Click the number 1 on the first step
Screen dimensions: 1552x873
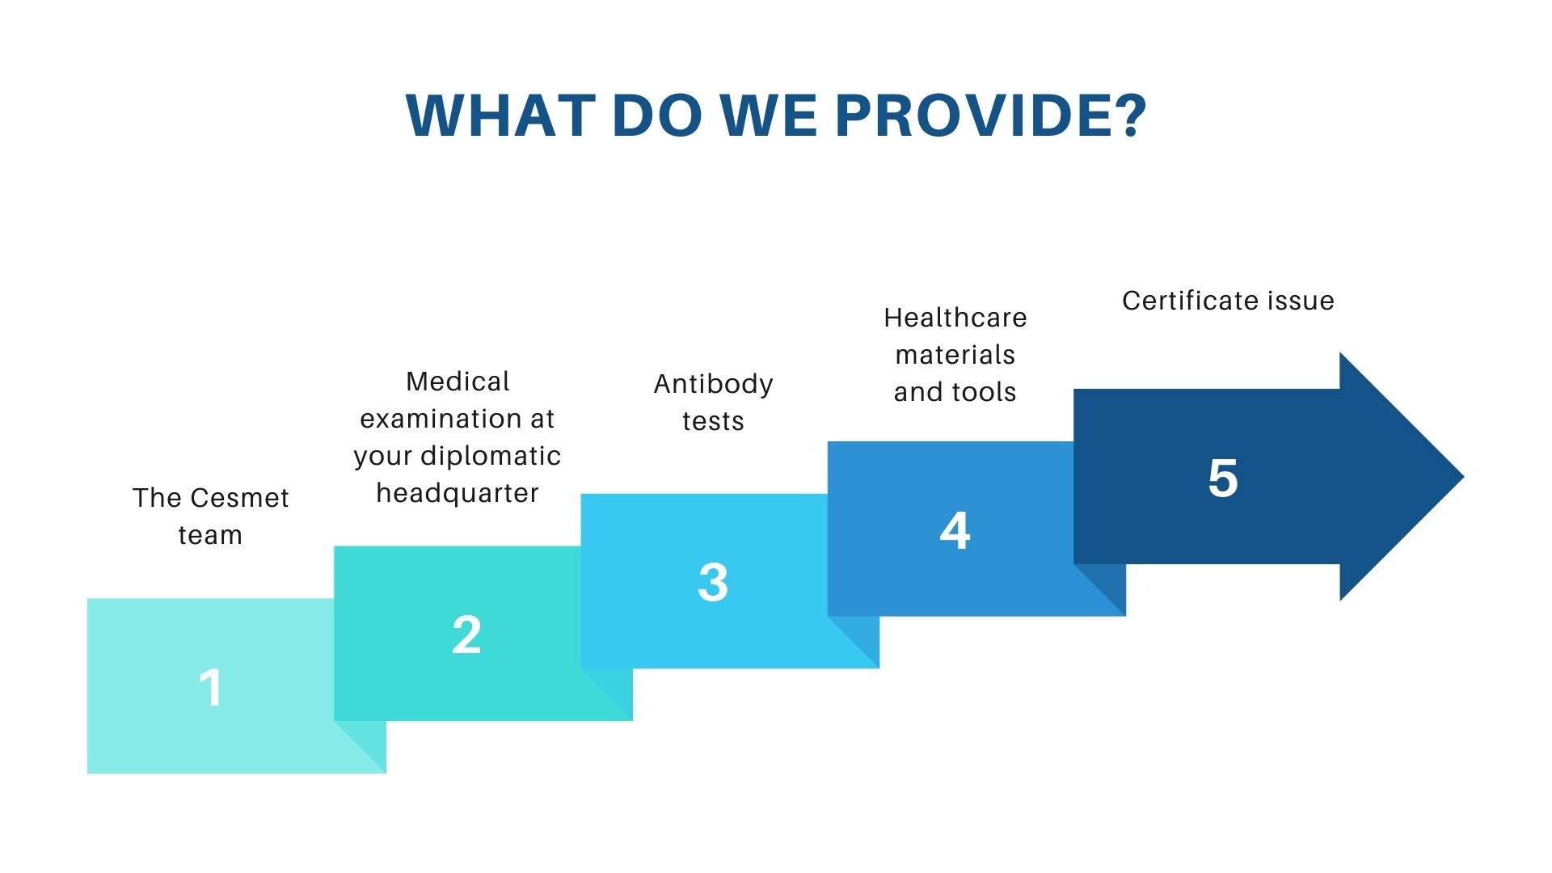[x=210, y=687]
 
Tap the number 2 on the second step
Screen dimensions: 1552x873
[x=466, y=635]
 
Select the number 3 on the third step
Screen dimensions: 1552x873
[x=713, y=582]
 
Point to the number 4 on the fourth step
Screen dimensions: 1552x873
[x=955, y=530]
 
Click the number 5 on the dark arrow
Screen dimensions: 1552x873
[x=1223, y=477]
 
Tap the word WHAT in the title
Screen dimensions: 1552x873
[x=500, y=115]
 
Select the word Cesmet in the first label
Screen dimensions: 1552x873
[x=239, y=498]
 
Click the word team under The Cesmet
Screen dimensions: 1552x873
[x=210, y=535]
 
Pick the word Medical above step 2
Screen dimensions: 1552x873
[x=458, y=382]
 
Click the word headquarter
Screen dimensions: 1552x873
[x=458, y=493]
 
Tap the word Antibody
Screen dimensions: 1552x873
[x=713, y=385]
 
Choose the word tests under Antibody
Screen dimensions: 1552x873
[x=713, y=421]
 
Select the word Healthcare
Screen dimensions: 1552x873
[x=955, y=318]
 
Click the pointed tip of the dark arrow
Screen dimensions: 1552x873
[x=1463, y=477]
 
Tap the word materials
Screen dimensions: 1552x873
[x=955, y=355]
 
